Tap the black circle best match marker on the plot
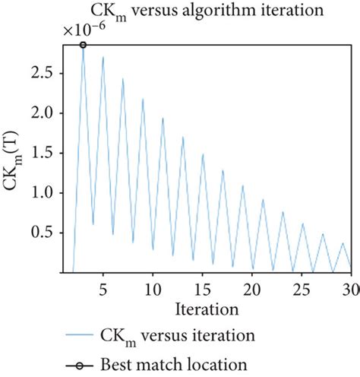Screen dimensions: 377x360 [83, 46]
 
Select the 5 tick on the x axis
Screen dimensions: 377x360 [103, 290]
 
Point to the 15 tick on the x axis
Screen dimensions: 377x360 [202, 290]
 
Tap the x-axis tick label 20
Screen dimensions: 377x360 [252, 290]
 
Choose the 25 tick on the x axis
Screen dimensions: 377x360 [302, 290]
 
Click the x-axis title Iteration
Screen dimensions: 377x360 [207, 309]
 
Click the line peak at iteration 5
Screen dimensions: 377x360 [103, 57]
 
